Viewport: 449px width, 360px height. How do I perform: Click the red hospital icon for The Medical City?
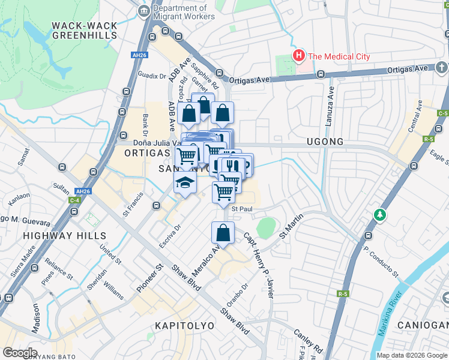point(298,56)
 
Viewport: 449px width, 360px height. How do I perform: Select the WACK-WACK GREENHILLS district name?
point(84,30)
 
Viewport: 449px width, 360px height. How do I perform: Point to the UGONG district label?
point(325,142)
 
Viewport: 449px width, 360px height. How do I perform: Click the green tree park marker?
point(379,214)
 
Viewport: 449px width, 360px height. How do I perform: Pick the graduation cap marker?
point(185,182)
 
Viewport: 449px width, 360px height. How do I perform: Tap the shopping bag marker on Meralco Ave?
point(223,233)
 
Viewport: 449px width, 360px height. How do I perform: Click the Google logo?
point(20,352)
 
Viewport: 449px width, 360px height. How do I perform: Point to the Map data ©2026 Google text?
point(411,355)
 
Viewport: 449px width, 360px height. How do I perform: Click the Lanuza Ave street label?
point(329,105)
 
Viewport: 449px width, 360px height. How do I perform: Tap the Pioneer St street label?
point(149,278)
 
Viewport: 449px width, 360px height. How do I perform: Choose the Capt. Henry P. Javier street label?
point(259,265)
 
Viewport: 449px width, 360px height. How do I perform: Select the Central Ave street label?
point(415,121)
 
